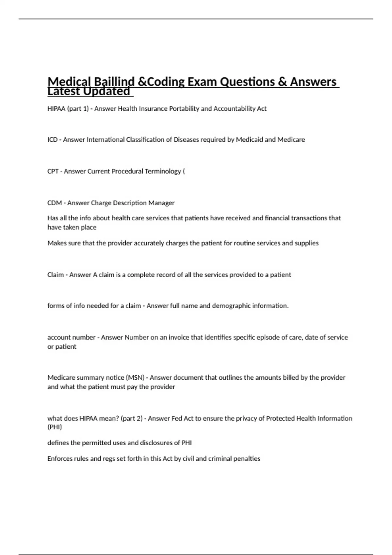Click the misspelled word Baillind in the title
(114, 81)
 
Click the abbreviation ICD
(53, 140)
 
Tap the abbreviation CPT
(53, 171)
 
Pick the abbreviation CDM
(55, 203)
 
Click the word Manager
(161, 203)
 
